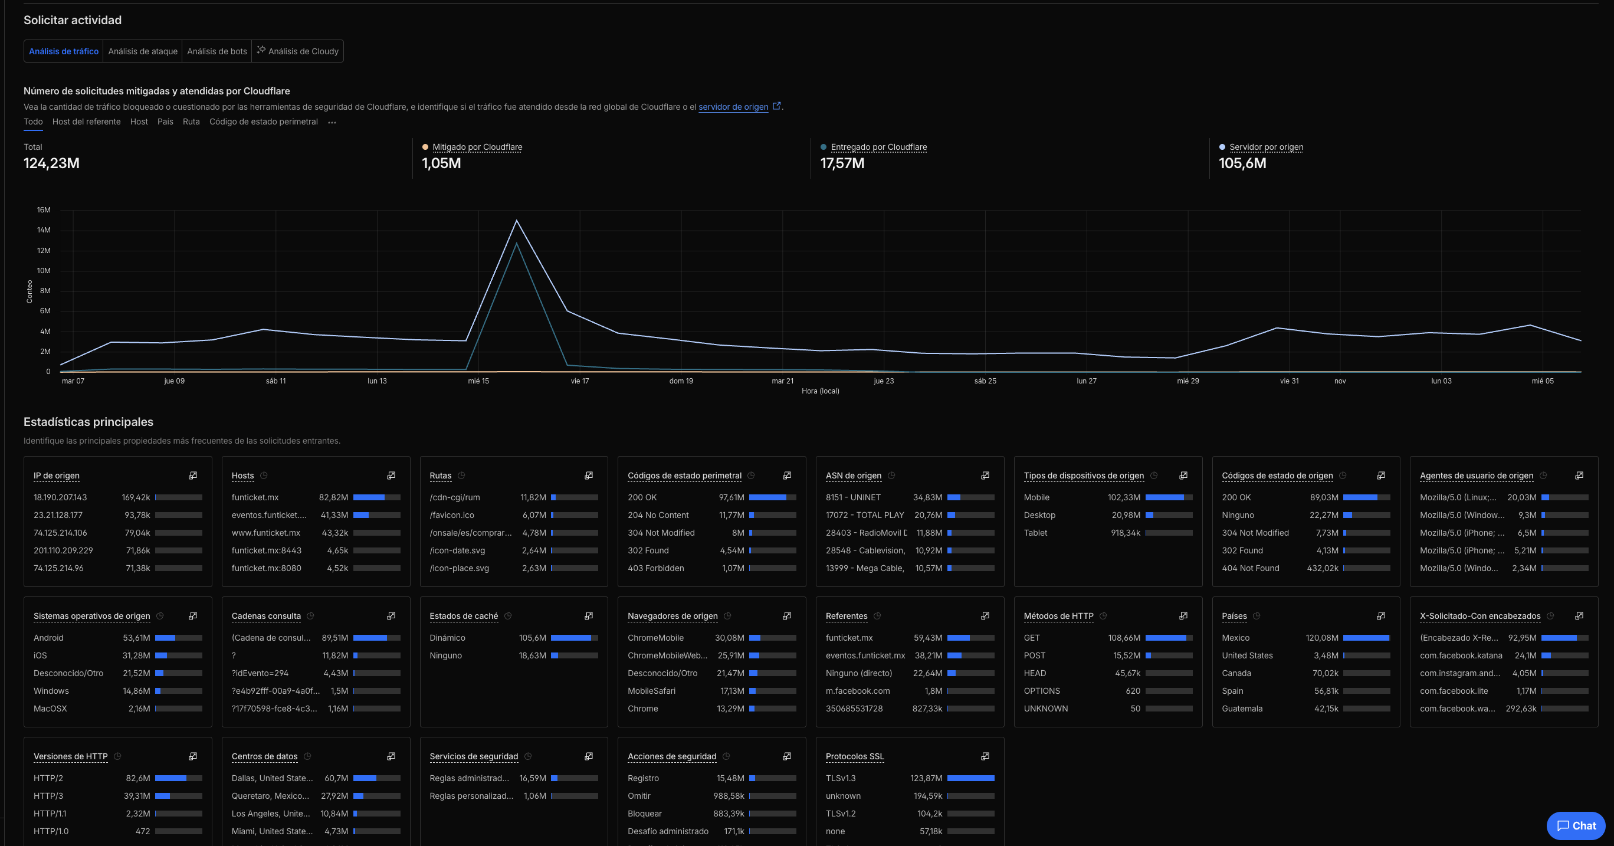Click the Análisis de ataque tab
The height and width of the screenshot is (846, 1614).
point(142,51)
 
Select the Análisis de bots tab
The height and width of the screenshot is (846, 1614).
point(216,51)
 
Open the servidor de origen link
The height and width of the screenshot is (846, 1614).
point(733,107)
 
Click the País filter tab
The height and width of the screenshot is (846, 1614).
point(165,122)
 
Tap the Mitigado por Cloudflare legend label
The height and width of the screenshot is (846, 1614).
point(477,147)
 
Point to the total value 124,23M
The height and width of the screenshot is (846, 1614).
point(51,163)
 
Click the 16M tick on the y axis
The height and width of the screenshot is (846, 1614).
point(43,210)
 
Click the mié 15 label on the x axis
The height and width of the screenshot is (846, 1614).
point(478,381)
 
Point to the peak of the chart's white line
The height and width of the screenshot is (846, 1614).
point(516,221)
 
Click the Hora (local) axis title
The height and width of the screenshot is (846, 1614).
point(820,391)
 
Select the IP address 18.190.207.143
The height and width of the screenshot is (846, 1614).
point(60,497)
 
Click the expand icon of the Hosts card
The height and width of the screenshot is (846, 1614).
point(391,476)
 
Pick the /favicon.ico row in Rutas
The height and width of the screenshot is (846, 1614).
point(452,515)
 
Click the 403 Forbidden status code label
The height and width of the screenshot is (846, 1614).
point(655,568)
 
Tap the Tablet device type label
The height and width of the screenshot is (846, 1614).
point(1035,533)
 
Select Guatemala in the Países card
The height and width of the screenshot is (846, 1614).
point(1242,709)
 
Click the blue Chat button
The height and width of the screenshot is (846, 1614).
point(1575,826)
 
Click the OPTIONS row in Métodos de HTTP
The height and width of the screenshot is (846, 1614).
point(1041,691)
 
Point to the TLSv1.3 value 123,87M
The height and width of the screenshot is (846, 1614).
point(926,778)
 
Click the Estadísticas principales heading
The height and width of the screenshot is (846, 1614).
point(88,422)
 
